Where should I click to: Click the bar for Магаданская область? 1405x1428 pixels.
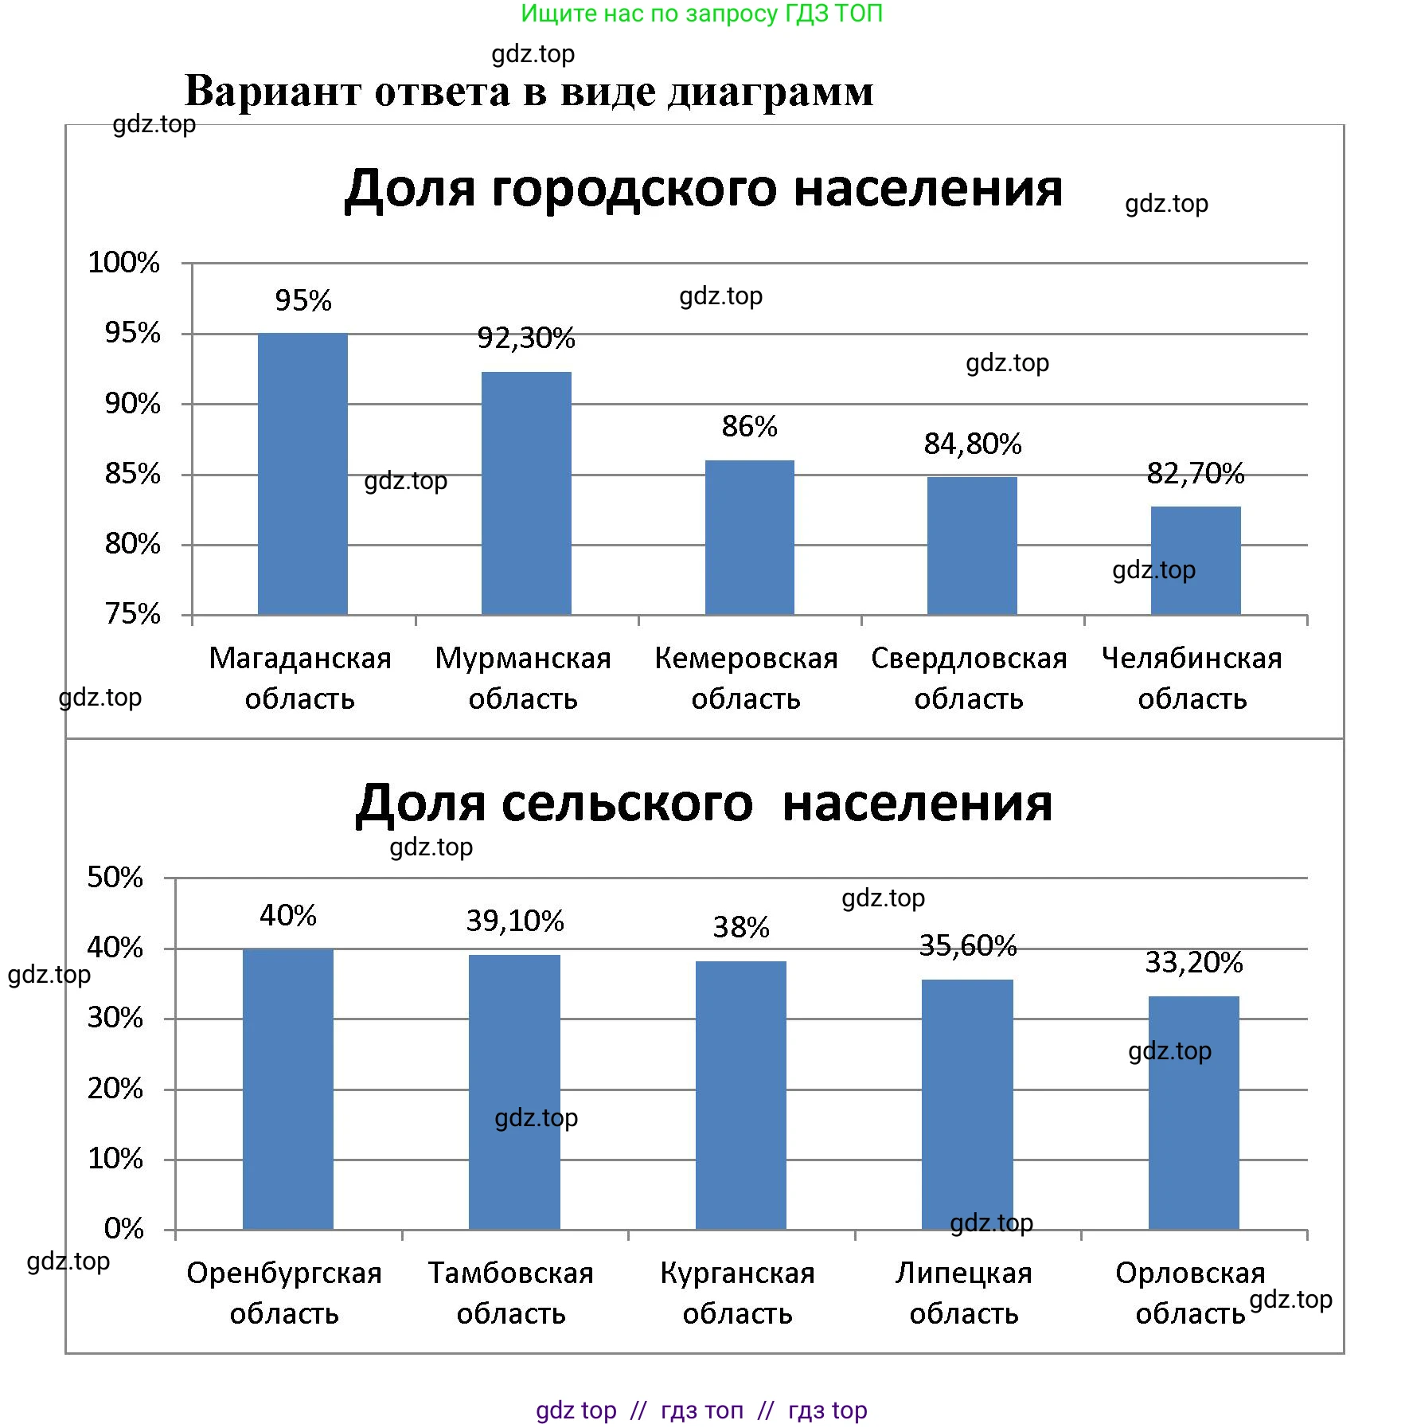pyautogui.click(x=302, y=474)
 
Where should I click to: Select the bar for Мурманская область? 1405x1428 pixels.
pyautogui.click(x=526, y=493)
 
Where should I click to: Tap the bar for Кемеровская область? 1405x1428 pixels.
pyautogui.click(x=749, y=538)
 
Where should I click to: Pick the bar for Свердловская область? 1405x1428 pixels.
pyautogui.click(x=972, y=546)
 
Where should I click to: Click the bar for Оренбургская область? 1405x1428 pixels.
pyautogui.click(x=287, y=1089)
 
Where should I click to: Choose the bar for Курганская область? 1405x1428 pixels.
pyautogui.click(x=740, y=1095)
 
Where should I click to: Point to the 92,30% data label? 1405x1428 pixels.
pyautogui.click(x=526, y=338)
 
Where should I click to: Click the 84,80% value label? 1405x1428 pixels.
pyautogui.click(x=973, y=444)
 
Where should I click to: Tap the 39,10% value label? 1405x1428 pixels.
pyautogui.click(x=515, y=921)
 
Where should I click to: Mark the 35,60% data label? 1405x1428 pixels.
pyautogui.click(x=968, y=946)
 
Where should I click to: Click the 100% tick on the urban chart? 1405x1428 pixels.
pyautogui.click(x=123, y=263)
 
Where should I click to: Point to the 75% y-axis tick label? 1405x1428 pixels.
pyautogui.click(x=132, y=614)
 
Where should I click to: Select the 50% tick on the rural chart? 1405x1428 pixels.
pyautogui.click(x=115, y=878)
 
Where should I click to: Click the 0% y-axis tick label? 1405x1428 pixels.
pyautogui.click(x=123, y=1229)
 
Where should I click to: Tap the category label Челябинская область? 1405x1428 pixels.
pyautogui.click(x=1192, y=679)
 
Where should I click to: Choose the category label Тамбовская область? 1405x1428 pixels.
pyautogui.click(x=511, y=1293)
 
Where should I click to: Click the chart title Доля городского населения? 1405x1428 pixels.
pyautogui.click(x=703, y=189)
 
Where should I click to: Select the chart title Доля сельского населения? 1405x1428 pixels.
pyautogui.click(x=704, y=804)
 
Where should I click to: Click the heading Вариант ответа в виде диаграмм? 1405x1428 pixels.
pyautogui.click(x=529, y=92)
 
